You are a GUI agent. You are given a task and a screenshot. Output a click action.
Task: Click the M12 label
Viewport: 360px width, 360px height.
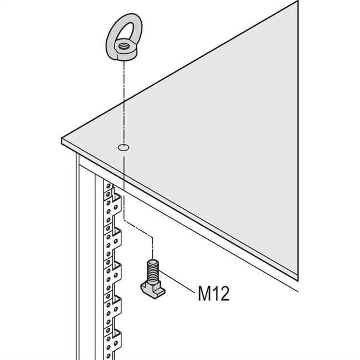[x=213, y=293]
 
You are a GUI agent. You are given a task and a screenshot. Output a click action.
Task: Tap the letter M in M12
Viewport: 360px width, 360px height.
[x=204, y=293]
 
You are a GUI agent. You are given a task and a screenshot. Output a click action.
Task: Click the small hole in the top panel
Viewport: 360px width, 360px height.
[x=122, y=148]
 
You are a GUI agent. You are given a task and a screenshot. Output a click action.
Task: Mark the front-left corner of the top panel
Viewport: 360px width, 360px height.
[x=63, y=141]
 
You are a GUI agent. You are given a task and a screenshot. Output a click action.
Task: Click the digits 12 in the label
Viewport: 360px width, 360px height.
[x=219, y=293]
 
